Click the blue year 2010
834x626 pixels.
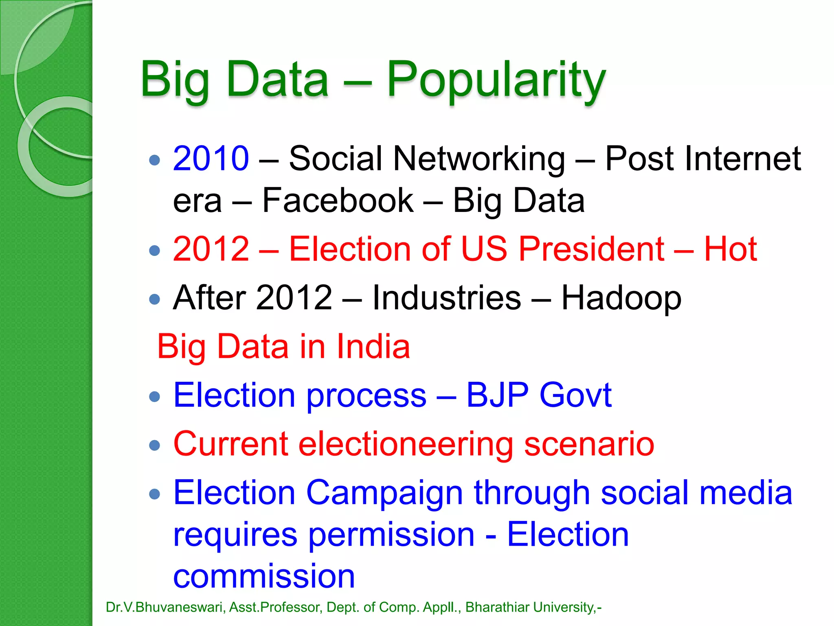click(x=211, y=159)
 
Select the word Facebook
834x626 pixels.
click(x=338, y=201)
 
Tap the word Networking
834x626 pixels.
click(x=479, y=159)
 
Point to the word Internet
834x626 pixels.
click(x=702, y=159)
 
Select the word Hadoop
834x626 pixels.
click(x=621, y=298)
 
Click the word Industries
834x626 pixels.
click(x=446, y=298)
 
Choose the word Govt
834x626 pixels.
click(x=575, y=395)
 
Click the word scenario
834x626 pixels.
click(x=589, y=444)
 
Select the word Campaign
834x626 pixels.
click(x=384, y=493)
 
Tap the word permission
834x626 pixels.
click(x=391, y=535)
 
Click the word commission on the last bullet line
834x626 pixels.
click(x=264, y=576)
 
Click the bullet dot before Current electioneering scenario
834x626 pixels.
click(x=155, y=445)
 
